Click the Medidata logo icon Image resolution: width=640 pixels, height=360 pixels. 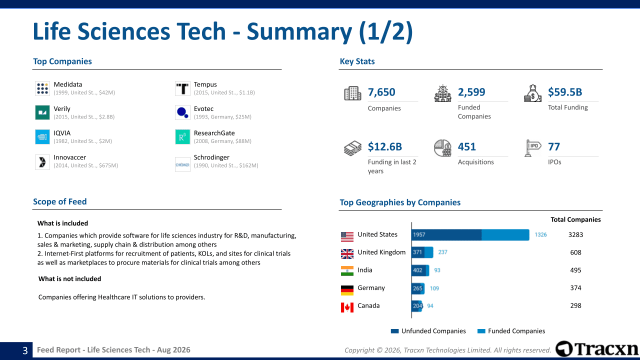coord(42,88)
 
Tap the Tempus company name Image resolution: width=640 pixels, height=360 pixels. coord(205,84)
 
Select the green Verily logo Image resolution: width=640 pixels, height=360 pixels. coord(42,112)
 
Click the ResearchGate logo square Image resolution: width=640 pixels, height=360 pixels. coord(182,137)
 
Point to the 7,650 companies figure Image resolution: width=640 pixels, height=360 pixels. coord(381,92)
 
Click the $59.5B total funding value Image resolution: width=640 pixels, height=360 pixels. coord(565,92)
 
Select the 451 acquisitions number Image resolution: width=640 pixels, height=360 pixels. coord(467,146)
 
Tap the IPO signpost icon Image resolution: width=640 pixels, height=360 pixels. coord(532,148)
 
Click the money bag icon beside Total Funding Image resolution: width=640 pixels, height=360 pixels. coord(532,93)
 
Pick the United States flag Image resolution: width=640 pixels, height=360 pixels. coord(347,237)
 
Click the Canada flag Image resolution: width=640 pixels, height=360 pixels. coord(347,307)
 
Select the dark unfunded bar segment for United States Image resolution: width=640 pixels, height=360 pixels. coord(446,235)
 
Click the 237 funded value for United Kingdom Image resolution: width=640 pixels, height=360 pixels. coord(442,252)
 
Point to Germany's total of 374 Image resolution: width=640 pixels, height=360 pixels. coord(575,288)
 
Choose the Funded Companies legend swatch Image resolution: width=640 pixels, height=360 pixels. coord(481,331)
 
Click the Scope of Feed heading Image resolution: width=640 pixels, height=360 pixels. coord(59,201)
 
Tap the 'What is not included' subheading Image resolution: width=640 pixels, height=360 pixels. coord(69,279)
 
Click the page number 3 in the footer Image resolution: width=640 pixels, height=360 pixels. coord(25,350)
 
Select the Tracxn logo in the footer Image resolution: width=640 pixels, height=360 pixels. coord(596,349)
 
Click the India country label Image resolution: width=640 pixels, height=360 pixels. coord(365,270)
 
